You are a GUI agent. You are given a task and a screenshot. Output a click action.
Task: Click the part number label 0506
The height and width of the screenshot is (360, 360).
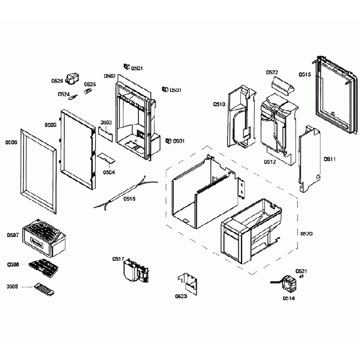tap(12, 142)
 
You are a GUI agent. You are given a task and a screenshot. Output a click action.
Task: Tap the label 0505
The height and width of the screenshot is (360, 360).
tap(50, 125)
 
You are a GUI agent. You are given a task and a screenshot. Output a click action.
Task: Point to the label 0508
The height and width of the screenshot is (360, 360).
tap(13, 265)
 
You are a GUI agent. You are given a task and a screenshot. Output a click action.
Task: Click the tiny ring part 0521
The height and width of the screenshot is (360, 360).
tap(301, 275)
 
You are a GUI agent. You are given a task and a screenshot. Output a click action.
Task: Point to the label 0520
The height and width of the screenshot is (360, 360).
tap(306, 234)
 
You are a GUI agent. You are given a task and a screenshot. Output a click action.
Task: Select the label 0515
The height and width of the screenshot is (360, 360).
tap(305, 75)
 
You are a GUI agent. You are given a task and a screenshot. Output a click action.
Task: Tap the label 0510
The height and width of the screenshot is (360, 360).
tap(219, 104)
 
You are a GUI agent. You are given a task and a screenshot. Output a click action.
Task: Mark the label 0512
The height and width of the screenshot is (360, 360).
tap(270, 162)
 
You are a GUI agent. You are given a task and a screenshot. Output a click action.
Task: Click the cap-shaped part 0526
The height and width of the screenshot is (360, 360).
tap(73, 78)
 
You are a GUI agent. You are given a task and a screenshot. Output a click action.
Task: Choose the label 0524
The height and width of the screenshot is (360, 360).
tap(64, 94)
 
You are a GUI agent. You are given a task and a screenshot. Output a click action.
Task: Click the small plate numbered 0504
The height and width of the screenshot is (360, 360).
tap(107, 158)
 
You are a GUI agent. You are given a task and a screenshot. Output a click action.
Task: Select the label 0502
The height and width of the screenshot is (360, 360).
tap(109, 76)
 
